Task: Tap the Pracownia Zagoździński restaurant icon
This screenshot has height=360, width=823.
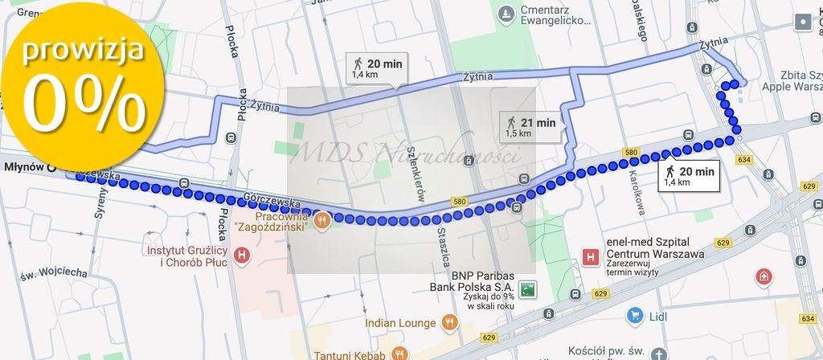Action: click(x=321, y=219)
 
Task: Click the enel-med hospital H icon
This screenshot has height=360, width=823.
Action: click(x=591, y=258)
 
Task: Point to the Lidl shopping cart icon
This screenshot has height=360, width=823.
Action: click(x=636, y=316)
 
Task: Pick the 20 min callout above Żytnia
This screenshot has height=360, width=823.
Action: click(x=377, y=68)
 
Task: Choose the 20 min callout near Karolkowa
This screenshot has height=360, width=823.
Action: click(x=690, y=175)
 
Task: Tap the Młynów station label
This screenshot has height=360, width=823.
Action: click(x=24, y=168)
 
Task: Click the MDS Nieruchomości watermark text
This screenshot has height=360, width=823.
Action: click(x=407, y=150)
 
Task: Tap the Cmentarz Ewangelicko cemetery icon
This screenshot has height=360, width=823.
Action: click(x=505, y=14)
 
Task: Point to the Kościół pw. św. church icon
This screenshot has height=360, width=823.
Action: click(x=658, y=354)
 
